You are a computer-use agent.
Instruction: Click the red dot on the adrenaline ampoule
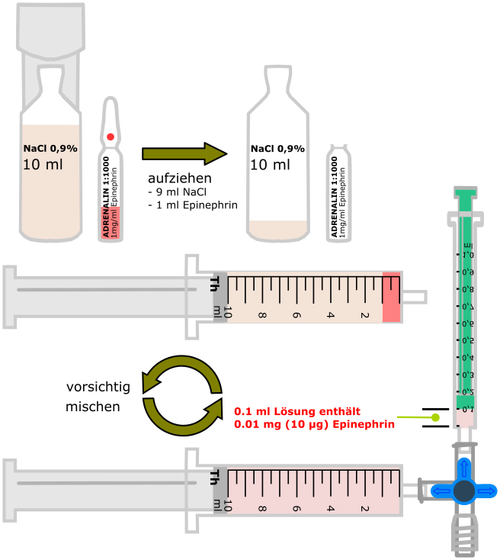(111, 137)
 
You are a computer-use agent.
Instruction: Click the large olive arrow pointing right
(185, 153)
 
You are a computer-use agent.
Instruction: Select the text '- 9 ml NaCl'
(178, 191)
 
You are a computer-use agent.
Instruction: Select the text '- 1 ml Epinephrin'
(192, 204)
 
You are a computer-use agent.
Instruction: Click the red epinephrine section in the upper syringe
(392, 297)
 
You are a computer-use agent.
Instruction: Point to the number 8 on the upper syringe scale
(262, 314)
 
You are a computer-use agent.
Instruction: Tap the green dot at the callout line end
(435, 417)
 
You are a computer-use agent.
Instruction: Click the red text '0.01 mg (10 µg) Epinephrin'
(314, 423)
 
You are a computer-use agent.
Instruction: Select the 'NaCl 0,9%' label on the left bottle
(50, 149)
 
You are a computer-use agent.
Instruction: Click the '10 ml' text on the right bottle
(270, 164)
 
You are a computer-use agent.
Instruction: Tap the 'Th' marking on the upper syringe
(216, 284)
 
